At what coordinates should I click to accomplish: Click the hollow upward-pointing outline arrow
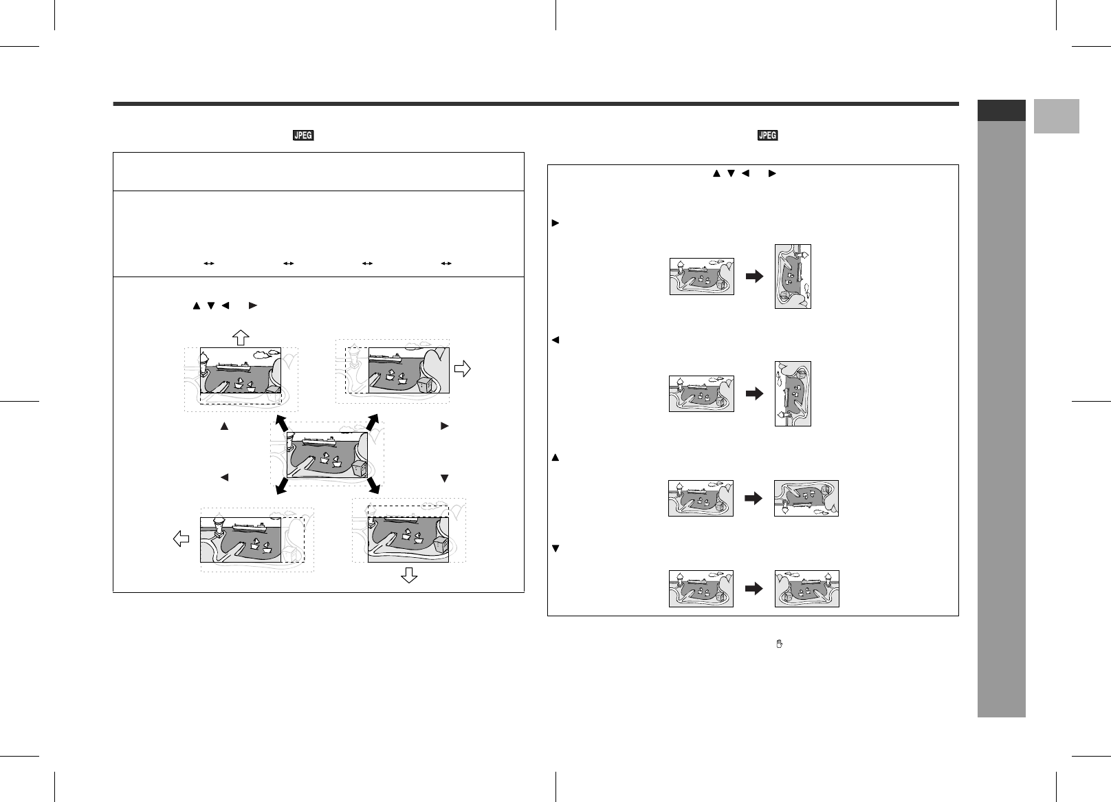[x=239, y=337]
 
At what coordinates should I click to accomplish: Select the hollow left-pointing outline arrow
[x=181, y=539]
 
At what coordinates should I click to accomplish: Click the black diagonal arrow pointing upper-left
[x=280, y=423]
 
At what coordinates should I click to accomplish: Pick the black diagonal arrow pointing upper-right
[x=373, y=423]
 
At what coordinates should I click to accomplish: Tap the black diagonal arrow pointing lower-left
[x=280, y=487]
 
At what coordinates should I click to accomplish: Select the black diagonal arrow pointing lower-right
[x=373, y=487]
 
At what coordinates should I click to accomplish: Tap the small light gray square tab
[x=1056, y=116]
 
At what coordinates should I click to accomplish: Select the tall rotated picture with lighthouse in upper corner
[x=793, y=277]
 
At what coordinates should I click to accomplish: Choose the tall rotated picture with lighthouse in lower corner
[x=793, y=393]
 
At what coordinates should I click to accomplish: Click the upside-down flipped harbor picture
[x=806, y=498]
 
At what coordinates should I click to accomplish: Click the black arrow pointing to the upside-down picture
[x=754, y=498]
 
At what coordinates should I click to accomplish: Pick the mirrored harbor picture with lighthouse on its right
[x=806, y=589]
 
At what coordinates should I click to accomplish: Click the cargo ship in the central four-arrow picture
[x=317, y=442]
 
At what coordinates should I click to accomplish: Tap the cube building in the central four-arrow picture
[x=358, y=468]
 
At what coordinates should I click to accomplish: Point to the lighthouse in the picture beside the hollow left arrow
[x=219, y=527]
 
